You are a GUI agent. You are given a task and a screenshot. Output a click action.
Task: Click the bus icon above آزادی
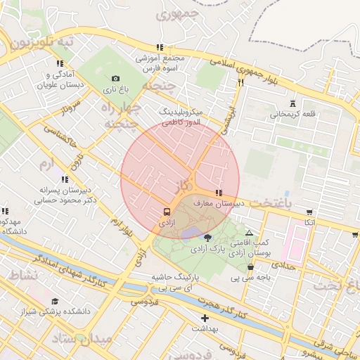coord(167,211)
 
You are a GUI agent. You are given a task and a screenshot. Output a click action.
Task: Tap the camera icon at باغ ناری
coord(115,78)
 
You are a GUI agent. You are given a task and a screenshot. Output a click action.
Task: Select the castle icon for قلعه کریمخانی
coord(292,103)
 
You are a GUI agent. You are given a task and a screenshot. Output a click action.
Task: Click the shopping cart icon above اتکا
coord(309,212)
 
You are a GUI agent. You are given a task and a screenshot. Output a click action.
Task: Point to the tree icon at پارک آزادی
coord(207,238)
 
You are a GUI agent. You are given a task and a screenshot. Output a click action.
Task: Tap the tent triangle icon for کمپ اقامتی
coord(250,232)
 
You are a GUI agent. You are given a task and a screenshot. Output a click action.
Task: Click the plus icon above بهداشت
coord(205,318)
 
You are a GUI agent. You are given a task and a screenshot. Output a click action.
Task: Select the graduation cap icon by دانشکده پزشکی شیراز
coord(54,301)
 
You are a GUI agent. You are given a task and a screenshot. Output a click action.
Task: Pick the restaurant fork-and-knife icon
coord(240,82)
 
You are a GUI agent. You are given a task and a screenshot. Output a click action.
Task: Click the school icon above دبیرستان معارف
coord(219,193)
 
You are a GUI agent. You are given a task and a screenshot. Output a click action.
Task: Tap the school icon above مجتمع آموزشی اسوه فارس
coord(160,48)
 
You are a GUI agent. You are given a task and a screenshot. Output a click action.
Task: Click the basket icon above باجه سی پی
coord(251,266)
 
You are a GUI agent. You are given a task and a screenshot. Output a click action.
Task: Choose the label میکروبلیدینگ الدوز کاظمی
coord(181,117)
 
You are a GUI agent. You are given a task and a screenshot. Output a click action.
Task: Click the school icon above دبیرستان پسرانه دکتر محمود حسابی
coord(65,180)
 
